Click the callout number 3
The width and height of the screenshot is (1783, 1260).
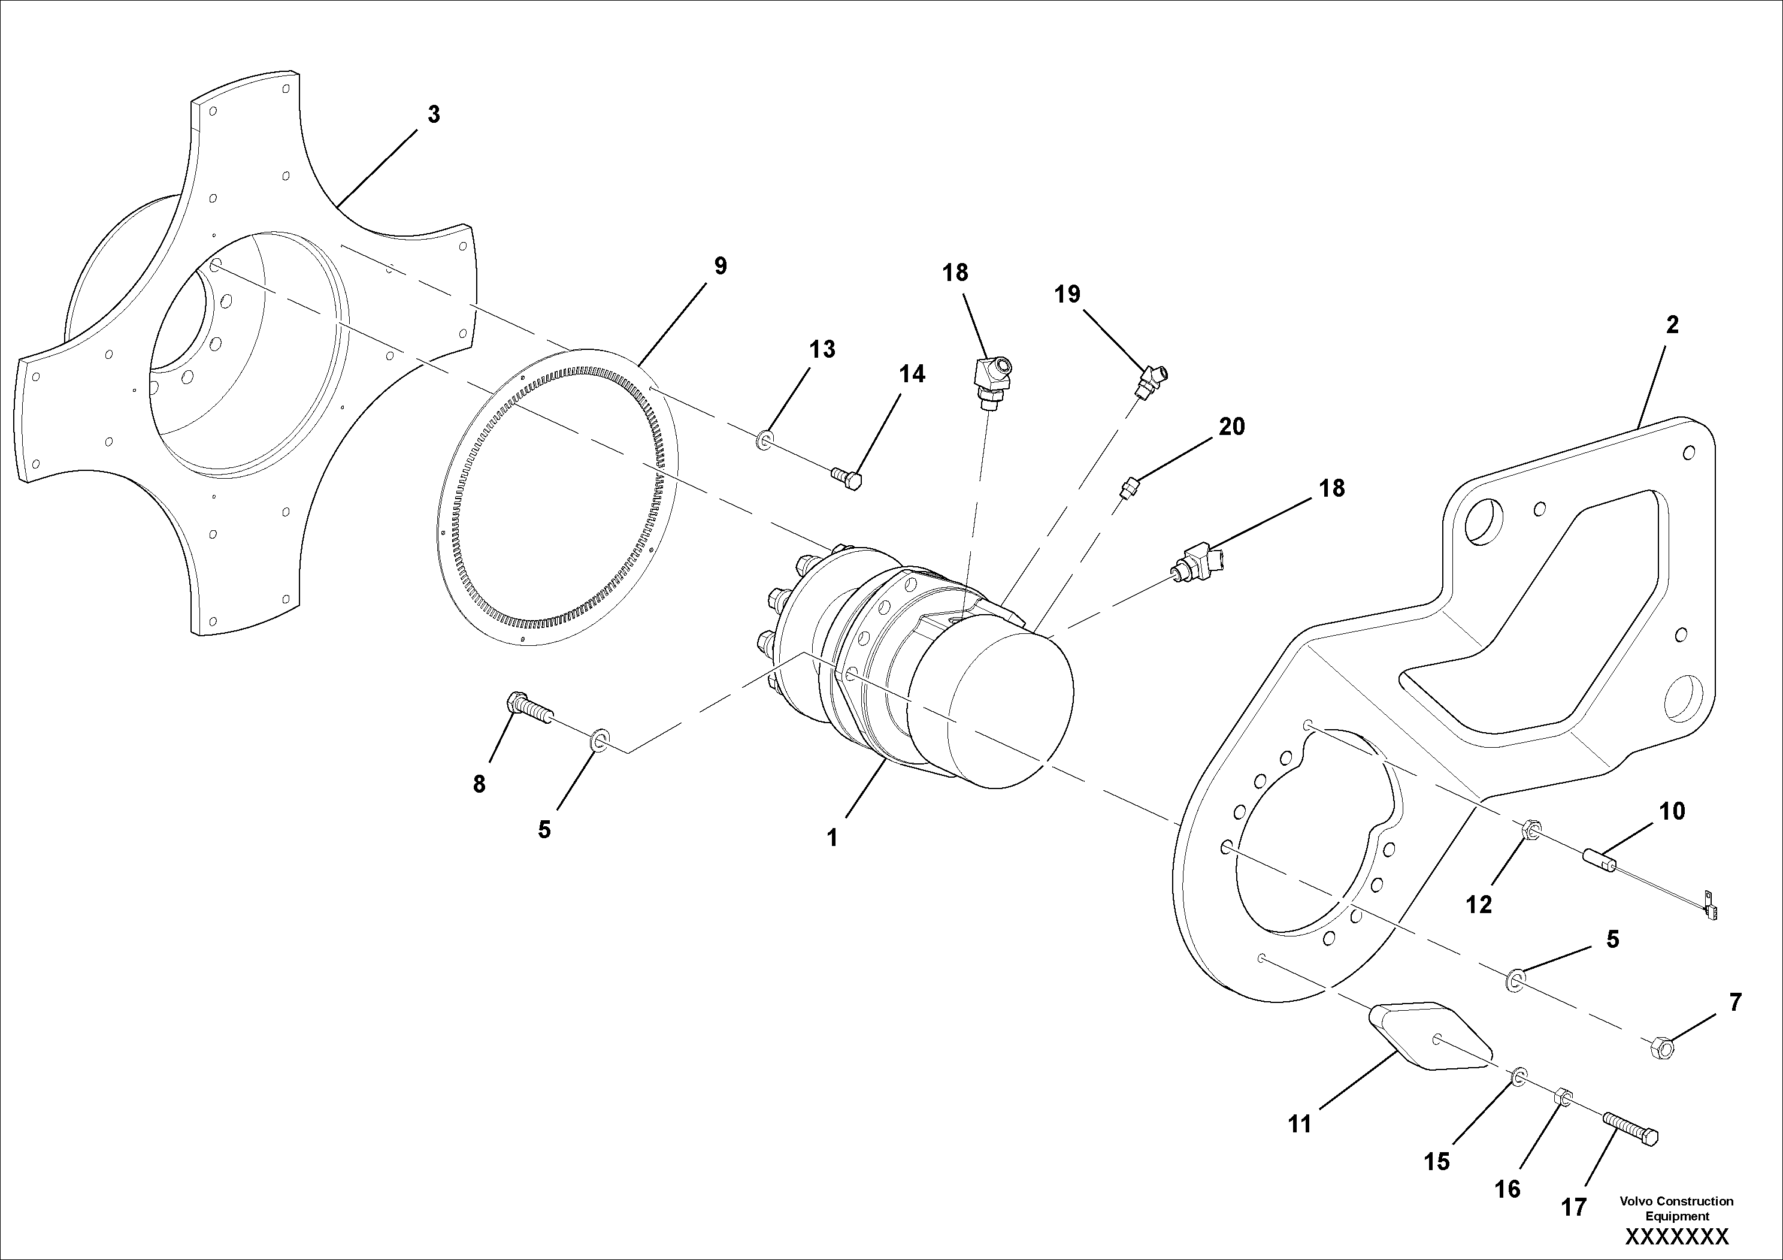[x=434, y=114]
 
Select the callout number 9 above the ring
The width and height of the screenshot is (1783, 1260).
[x=720, y=267]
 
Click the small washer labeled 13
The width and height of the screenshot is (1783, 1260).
[x=764, y=440]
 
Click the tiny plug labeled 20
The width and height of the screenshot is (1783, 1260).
[x=1130, y=488]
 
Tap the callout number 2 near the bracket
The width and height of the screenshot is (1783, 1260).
[x=1672, y=325]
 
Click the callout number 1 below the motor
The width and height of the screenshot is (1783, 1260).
[x=832, y=838]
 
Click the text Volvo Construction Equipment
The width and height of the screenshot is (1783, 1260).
[x=1676, y=1208]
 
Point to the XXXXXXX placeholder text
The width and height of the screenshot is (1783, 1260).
[x=1676, y=1237]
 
